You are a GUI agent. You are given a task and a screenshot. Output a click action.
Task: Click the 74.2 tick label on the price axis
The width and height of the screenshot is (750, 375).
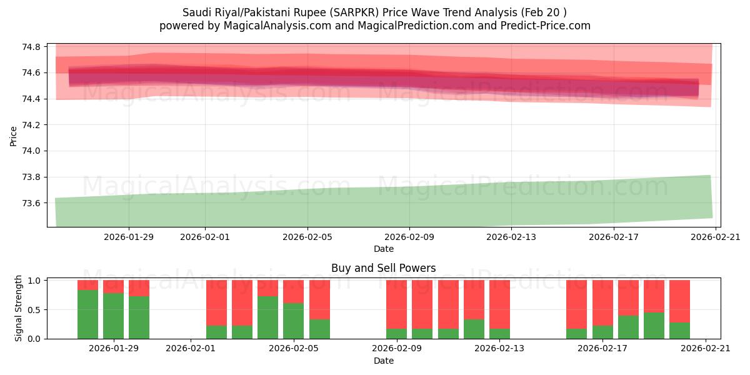point(32,125)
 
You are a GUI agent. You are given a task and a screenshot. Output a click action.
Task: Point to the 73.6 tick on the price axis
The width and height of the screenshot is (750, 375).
point(32,203)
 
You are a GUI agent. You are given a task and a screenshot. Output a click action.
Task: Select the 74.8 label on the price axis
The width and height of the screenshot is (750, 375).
point(32,47)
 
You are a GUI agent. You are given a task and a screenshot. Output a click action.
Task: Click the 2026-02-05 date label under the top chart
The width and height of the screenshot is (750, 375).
point(307,237)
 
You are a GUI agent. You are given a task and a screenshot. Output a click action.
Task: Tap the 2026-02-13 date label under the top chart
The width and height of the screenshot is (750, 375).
point(511,237)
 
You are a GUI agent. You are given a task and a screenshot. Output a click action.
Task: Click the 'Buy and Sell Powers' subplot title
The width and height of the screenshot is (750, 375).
point(383,269)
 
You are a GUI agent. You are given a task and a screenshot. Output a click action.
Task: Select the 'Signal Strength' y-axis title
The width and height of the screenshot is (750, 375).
point(19,309)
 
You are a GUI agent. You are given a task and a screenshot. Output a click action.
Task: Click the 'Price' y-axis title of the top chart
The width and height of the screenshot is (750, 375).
point(14,136)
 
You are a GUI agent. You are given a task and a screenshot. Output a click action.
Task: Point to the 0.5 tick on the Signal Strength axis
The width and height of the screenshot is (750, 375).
point(34,310)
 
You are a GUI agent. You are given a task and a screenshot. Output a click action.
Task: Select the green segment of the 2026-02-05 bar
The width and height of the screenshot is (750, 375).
point(293,321)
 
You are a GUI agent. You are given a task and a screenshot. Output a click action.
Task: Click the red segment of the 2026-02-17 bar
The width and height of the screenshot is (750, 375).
point(602,302)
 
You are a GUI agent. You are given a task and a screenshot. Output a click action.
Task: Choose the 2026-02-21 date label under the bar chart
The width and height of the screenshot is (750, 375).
point(705,349)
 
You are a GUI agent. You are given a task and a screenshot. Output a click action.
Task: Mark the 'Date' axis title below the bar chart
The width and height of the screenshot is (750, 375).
point(383,361)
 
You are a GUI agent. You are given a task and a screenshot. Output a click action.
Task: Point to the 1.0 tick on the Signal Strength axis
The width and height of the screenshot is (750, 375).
point(34,281)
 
